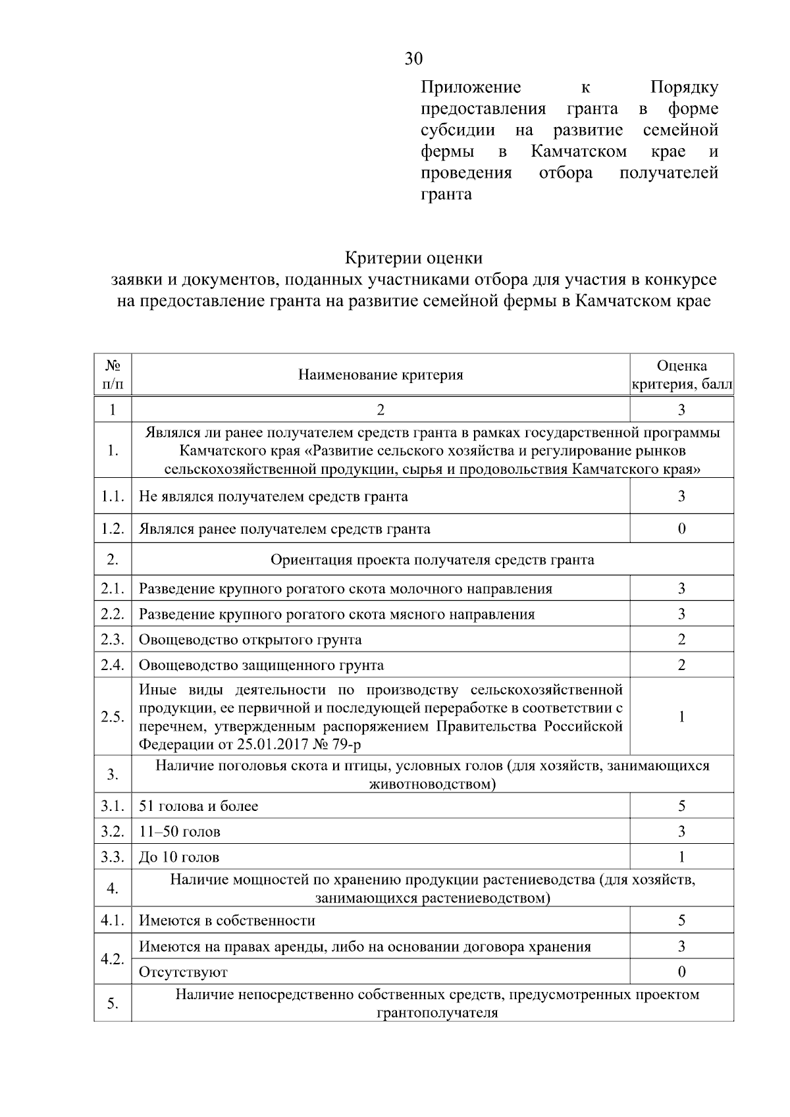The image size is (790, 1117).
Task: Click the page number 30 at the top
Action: click(413, 59)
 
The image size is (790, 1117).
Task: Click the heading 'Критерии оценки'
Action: click(413, 257)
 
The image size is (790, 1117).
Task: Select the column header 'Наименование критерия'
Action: click(381, 375)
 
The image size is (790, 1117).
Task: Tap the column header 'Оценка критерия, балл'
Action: click(681, 375)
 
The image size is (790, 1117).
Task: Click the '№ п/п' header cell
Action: click(113, 375)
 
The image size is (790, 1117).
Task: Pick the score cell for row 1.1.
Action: click(681, 496)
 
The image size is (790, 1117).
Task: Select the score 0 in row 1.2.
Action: click(681, 529)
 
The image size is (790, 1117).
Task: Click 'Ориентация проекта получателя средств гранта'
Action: click(432, 560)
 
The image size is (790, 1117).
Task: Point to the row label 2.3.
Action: click(113, 640)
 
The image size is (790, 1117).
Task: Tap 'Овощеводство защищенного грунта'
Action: click(261, 665)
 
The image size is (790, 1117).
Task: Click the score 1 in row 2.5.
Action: click(681, 717)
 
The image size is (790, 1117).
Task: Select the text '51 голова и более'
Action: click(198, 806)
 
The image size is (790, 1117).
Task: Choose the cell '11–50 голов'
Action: click(180, 832)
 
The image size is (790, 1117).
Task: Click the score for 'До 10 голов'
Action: click(681, 857)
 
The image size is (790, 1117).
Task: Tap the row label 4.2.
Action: click(113, 960)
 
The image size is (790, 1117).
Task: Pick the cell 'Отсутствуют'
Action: click(183, 972)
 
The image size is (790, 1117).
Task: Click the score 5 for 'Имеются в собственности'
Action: click(681, 921)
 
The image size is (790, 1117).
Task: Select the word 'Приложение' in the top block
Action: click(471, 88)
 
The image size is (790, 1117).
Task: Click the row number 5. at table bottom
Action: click(113, 1004)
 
